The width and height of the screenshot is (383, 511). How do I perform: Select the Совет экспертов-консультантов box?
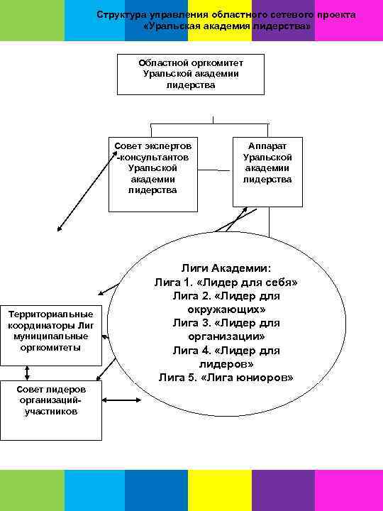click(x=153, y=172)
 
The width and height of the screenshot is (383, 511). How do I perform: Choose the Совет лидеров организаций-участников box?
click(x=51, y=410)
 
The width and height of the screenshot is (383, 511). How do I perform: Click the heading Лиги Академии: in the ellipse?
click(x=226, y=268)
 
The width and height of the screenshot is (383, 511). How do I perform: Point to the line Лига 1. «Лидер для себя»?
click(x=226, y=282)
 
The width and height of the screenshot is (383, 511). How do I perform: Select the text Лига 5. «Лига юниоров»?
click(x=226, y=377)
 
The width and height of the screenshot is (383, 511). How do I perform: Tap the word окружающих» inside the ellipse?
click(x=226, y=309)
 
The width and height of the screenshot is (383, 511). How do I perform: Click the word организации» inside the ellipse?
click(x=226, y=336)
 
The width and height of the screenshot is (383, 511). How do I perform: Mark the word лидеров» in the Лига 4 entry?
click(x=226, y=363)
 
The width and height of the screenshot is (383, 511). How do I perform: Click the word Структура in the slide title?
click(x=120, y=15)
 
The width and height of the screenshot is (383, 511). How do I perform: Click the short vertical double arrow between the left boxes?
click(x=27, y=373)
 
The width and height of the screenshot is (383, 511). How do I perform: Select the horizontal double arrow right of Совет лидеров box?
click(x=123, y=402)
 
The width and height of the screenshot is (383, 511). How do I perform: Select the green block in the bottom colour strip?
click(x=32, y=490)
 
